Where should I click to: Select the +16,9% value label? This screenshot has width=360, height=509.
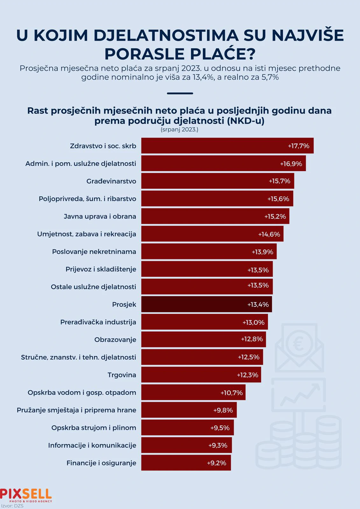pyautogui.click(x=291, y=164)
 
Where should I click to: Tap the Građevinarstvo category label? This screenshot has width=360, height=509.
pyautogui.click(x=111, y=181)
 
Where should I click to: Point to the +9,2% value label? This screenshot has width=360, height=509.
pyautogui.click(x=216, y=463)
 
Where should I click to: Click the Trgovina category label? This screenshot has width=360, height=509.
pyautogui.click(x=122, y=375)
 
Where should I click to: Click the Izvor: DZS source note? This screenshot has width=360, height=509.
pyautogui.click(x=12, y=506)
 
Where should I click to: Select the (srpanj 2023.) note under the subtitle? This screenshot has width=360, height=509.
pyautogui.click(x=180, y=129)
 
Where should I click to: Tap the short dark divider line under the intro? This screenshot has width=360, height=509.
pyautogui.click(x=180, y=94)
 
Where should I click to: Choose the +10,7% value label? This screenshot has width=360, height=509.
pyautogui.click(x=231, y=393)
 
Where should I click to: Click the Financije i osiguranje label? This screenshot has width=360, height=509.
pyautogui.click(x=101, y=463)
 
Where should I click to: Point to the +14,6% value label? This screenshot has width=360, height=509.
pyautogui.click(x=269, y=234)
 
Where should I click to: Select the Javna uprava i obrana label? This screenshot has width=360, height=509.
pyautogui.click(x=100, y=216)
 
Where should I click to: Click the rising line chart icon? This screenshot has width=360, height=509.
pyautogui.click(x=298, y=395)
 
